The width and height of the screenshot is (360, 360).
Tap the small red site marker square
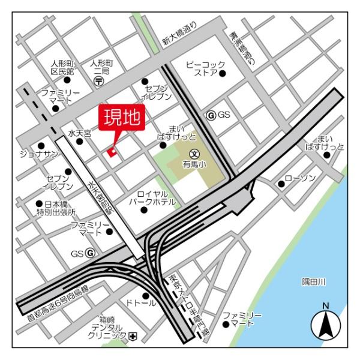click(112, 152)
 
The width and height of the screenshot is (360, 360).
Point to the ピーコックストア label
click(206, 68)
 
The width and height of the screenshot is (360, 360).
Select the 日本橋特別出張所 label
click(55, 208)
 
